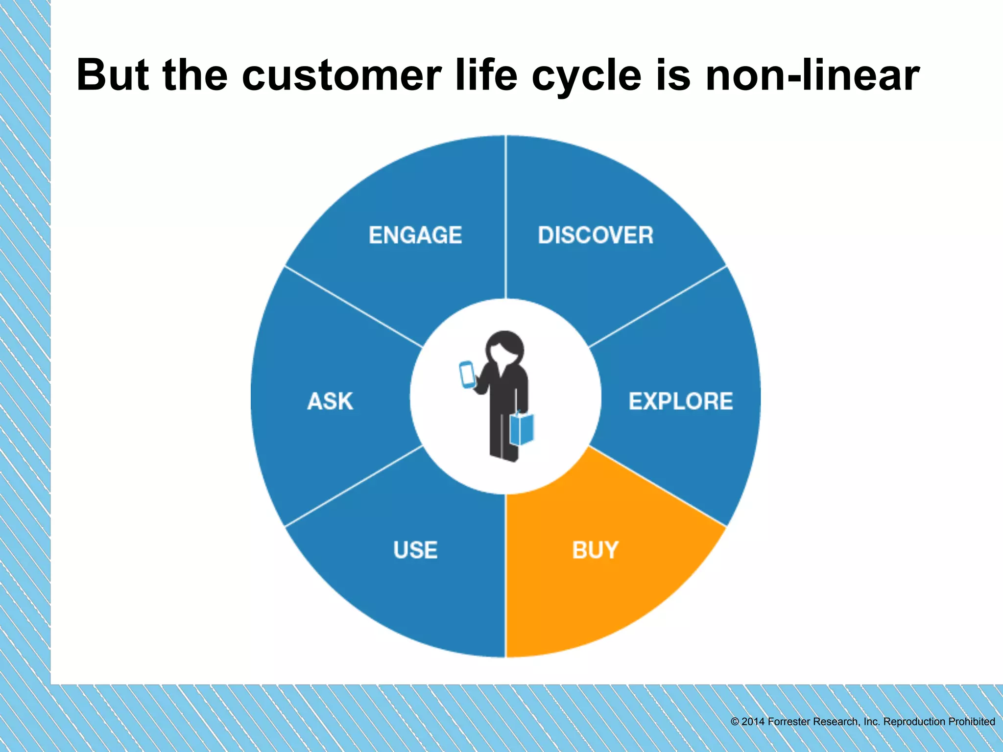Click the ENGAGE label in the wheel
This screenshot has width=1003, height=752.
pyautogui.click(x=415, y=235)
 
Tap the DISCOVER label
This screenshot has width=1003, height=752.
pyautogui.click(x=596, y=235)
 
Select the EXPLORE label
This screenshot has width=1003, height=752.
pyautogui.click(x=680, y=401)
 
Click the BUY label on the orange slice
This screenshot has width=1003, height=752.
pyautogui.click(x=595, y=550)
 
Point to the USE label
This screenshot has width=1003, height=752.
pyautogui.click(x=415, y=550)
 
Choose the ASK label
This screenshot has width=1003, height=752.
pyautogui.click(x=330, y=401)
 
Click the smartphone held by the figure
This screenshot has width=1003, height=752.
pyautogui.click(x=467, y=375)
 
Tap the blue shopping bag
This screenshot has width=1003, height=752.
pyautogui.click(x=522, y=429)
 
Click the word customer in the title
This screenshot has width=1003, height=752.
pyautogui.click(x=342, y=76)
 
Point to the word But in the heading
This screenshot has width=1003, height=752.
pyautogui.click(x=113, y=76)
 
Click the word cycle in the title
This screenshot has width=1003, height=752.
pyautogui.click(x=586, y=76)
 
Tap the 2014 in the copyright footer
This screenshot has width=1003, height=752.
pyautogui.click(x=753, y=722)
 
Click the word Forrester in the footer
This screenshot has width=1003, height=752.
pyautogui.click(x=789, y=722)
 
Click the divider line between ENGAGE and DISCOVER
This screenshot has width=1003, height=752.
pyautogui.click(x=505, y=215)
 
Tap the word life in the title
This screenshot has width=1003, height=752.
pyautogui.click(x=486, y=76)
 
